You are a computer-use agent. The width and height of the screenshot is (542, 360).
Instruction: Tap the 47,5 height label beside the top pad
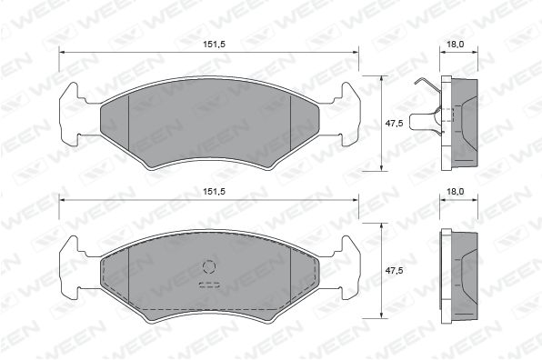click(395, 123)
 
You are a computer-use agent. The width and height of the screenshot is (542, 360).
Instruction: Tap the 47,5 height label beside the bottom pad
click(395, 270)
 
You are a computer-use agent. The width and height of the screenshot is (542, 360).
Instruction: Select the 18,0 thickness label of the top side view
click(456, 45)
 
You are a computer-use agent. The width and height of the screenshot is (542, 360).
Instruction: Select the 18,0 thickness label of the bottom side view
click(456, 192)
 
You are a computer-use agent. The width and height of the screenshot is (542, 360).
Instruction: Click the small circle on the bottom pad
click(209, 266)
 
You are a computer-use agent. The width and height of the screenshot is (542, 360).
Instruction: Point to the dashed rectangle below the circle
click(209, 285)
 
